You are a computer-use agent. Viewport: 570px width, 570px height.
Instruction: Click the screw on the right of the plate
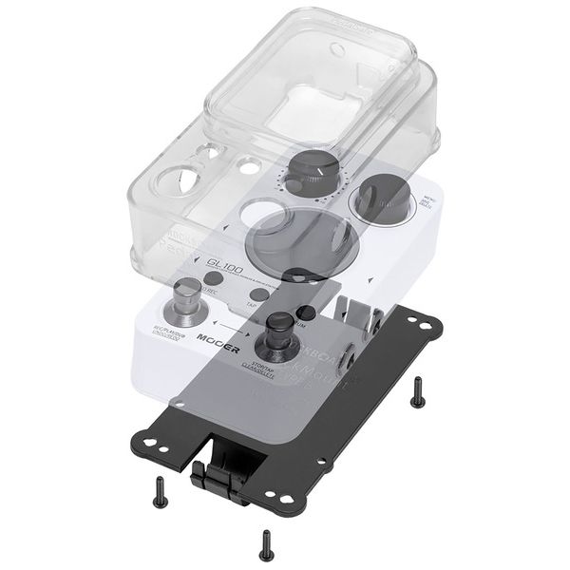coord(417,392)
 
